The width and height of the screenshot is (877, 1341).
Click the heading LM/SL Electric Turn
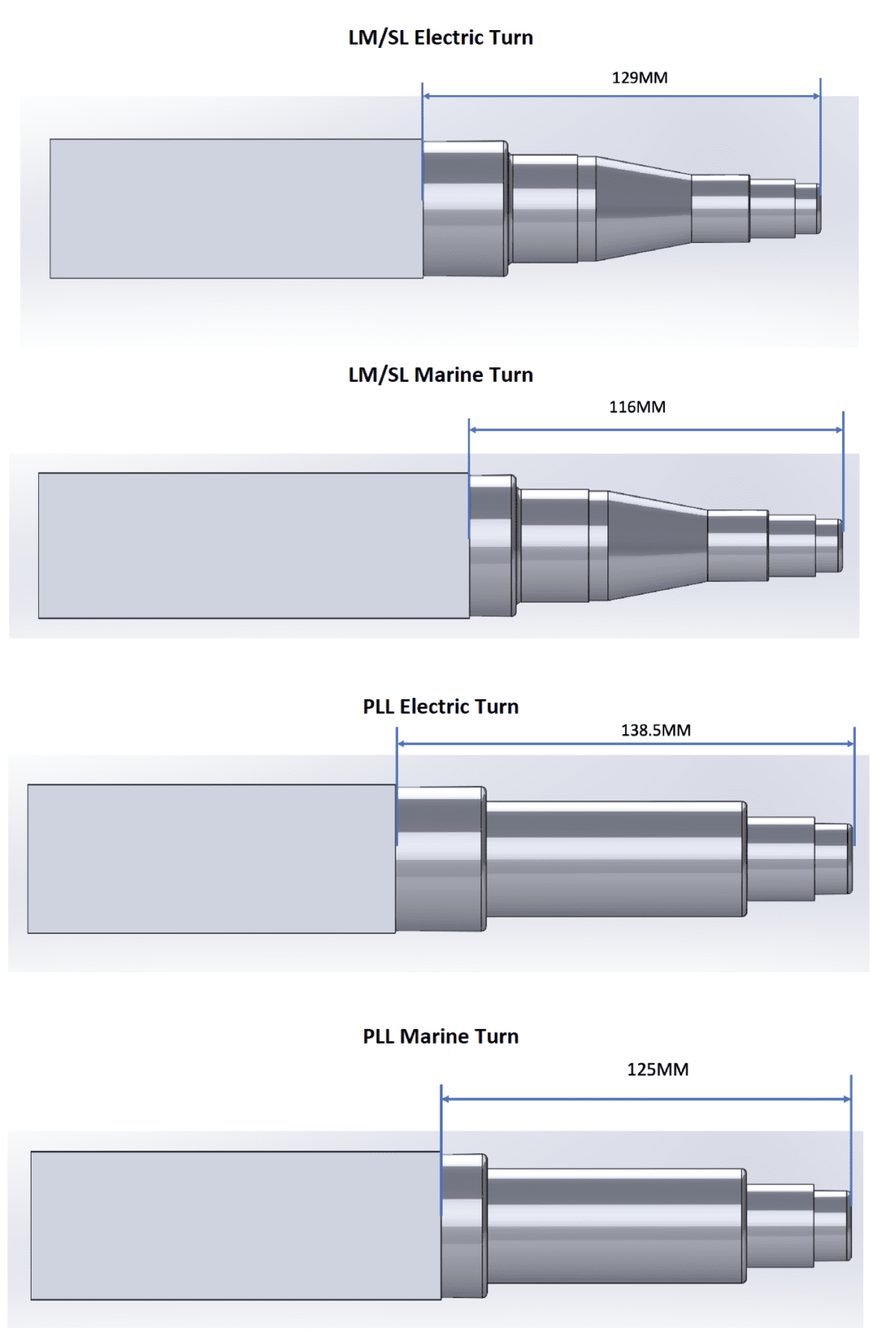click(x=440, y=37)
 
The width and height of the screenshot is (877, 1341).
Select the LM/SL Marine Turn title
click(x=440, y=374)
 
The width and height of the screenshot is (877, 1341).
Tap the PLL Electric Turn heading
click(x=440, y=707)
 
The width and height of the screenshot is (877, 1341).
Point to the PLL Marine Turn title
click(x=440, y=1036)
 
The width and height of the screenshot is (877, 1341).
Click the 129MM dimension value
click(x=640, y=78)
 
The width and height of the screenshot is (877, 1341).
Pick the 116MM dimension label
click(x=637, y=407)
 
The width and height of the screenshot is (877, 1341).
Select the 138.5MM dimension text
click(x=656, y=730)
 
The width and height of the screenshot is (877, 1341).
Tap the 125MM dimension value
click(x=658, y=1070)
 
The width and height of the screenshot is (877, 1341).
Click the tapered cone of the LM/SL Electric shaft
click(x=643, y=208)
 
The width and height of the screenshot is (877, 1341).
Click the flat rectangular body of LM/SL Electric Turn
click(x=235, y=209)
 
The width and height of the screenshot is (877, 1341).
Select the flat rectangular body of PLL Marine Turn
click(x=235, y=1225)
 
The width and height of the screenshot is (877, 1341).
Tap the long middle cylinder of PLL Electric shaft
click(x=615, y=859)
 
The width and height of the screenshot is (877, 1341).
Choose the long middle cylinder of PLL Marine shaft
click(x=616, y=1226)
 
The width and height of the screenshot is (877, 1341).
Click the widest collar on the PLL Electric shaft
click(x=441, y=859)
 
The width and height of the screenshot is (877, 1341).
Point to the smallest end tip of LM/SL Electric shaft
click(x=807, y=209)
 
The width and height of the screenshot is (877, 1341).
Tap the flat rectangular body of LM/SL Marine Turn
click(x=253, y=546)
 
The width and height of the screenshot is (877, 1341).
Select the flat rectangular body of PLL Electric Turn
click(x=211, y=859)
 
